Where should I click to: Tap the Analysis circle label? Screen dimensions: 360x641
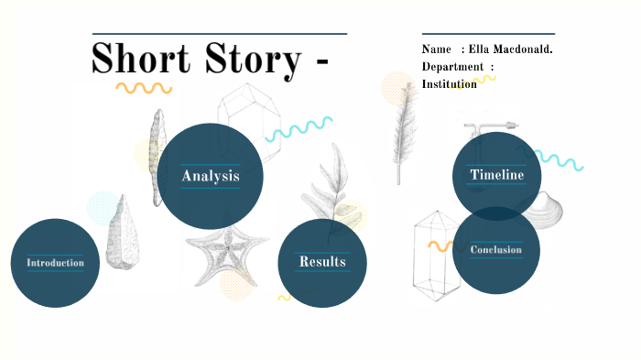[x=211, y=176]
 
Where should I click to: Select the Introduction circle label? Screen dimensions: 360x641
[x=55, y=263]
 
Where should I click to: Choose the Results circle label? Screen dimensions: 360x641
[x=322, y=262]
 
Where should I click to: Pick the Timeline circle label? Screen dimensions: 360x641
[x=497, y=175]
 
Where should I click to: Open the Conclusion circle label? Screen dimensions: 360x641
[x=496, y=250]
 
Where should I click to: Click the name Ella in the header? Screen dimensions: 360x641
[x=481, y=49]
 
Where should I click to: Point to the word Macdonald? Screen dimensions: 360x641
[x=525, y=49]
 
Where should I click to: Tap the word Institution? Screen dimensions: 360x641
[x=449, y=84]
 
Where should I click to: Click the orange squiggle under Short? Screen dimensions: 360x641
[x=144, y=89]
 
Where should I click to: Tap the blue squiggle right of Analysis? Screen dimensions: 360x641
[x=299, y=128]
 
